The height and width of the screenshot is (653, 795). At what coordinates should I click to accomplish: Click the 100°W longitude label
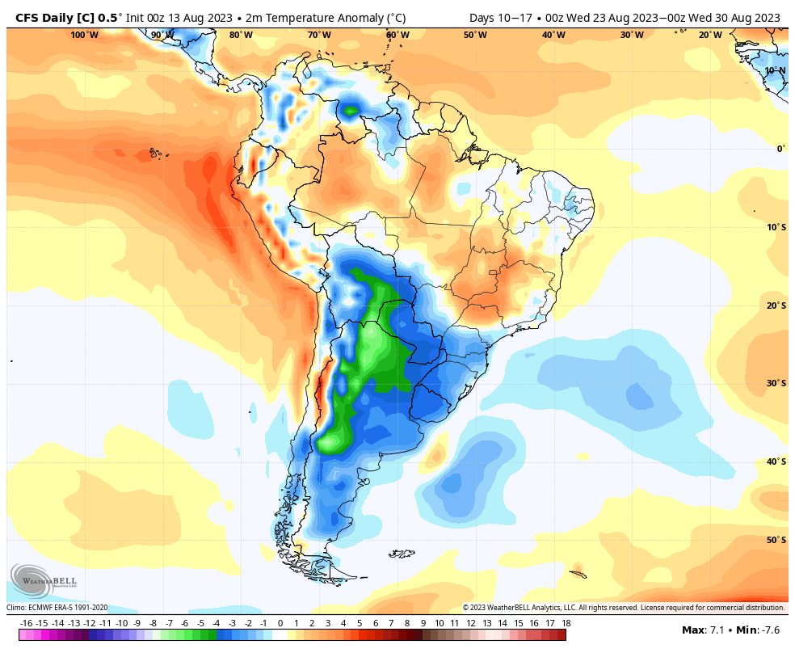[x=84, y=35]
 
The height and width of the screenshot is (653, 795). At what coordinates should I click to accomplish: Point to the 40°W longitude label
[x=553, y=35]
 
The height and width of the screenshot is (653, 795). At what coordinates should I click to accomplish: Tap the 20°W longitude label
[x=710, y=35]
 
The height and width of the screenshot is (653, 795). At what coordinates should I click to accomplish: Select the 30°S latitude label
[x=776, y=383]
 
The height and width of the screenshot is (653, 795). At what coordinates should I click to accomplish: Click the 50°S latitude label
[x=776, y=540]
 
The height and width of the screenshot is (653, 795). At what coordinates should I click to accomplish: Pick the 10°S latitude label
[x=776, y=226]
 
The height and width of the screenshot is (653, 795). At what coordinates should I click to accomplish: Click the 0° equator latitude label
[x=780, y=149]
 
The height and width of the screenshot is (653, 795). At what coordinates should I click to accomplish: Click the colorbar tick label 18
[x=566, y=623]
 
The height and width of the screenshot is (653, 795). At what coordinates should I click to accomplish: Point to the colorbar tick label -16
[x=26, y=623]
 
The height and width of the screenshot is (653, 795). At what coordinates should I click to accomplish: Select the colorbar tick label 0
[x=280, y=623]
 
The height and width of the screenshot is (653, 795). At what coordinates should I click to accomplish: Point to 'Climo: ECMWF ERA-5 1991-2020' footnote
[x=57, y=608]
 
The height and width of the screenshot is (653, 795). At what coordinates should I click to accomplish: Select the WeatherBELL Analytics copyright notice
[x=623, y=608]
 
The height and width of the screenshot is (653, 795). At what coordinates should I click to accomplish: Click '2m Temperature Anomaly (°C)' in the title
[x=326, y=18]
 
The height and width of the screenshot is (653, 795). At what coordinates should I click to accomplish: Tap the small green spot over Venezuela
[x=351, y=111]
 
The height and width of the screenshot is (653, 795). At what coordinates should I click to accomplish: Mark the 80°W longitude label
[x=241, y=35]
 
